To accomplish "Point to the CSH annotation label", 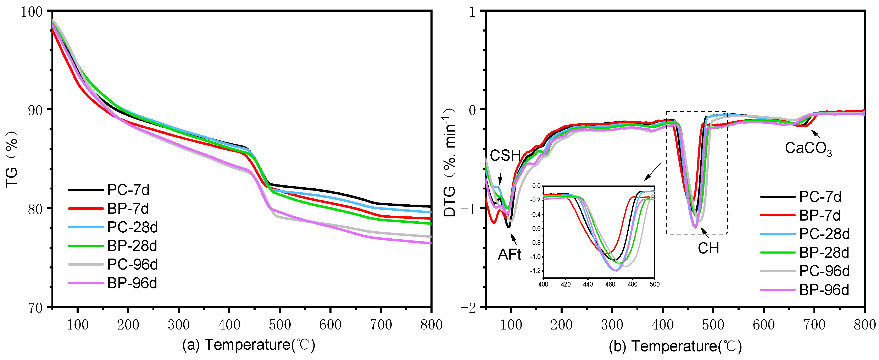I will (505, 156).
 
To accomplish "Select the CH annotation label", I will (708, 248).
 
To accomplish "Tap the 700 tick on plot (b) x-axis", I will (814, 325).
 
